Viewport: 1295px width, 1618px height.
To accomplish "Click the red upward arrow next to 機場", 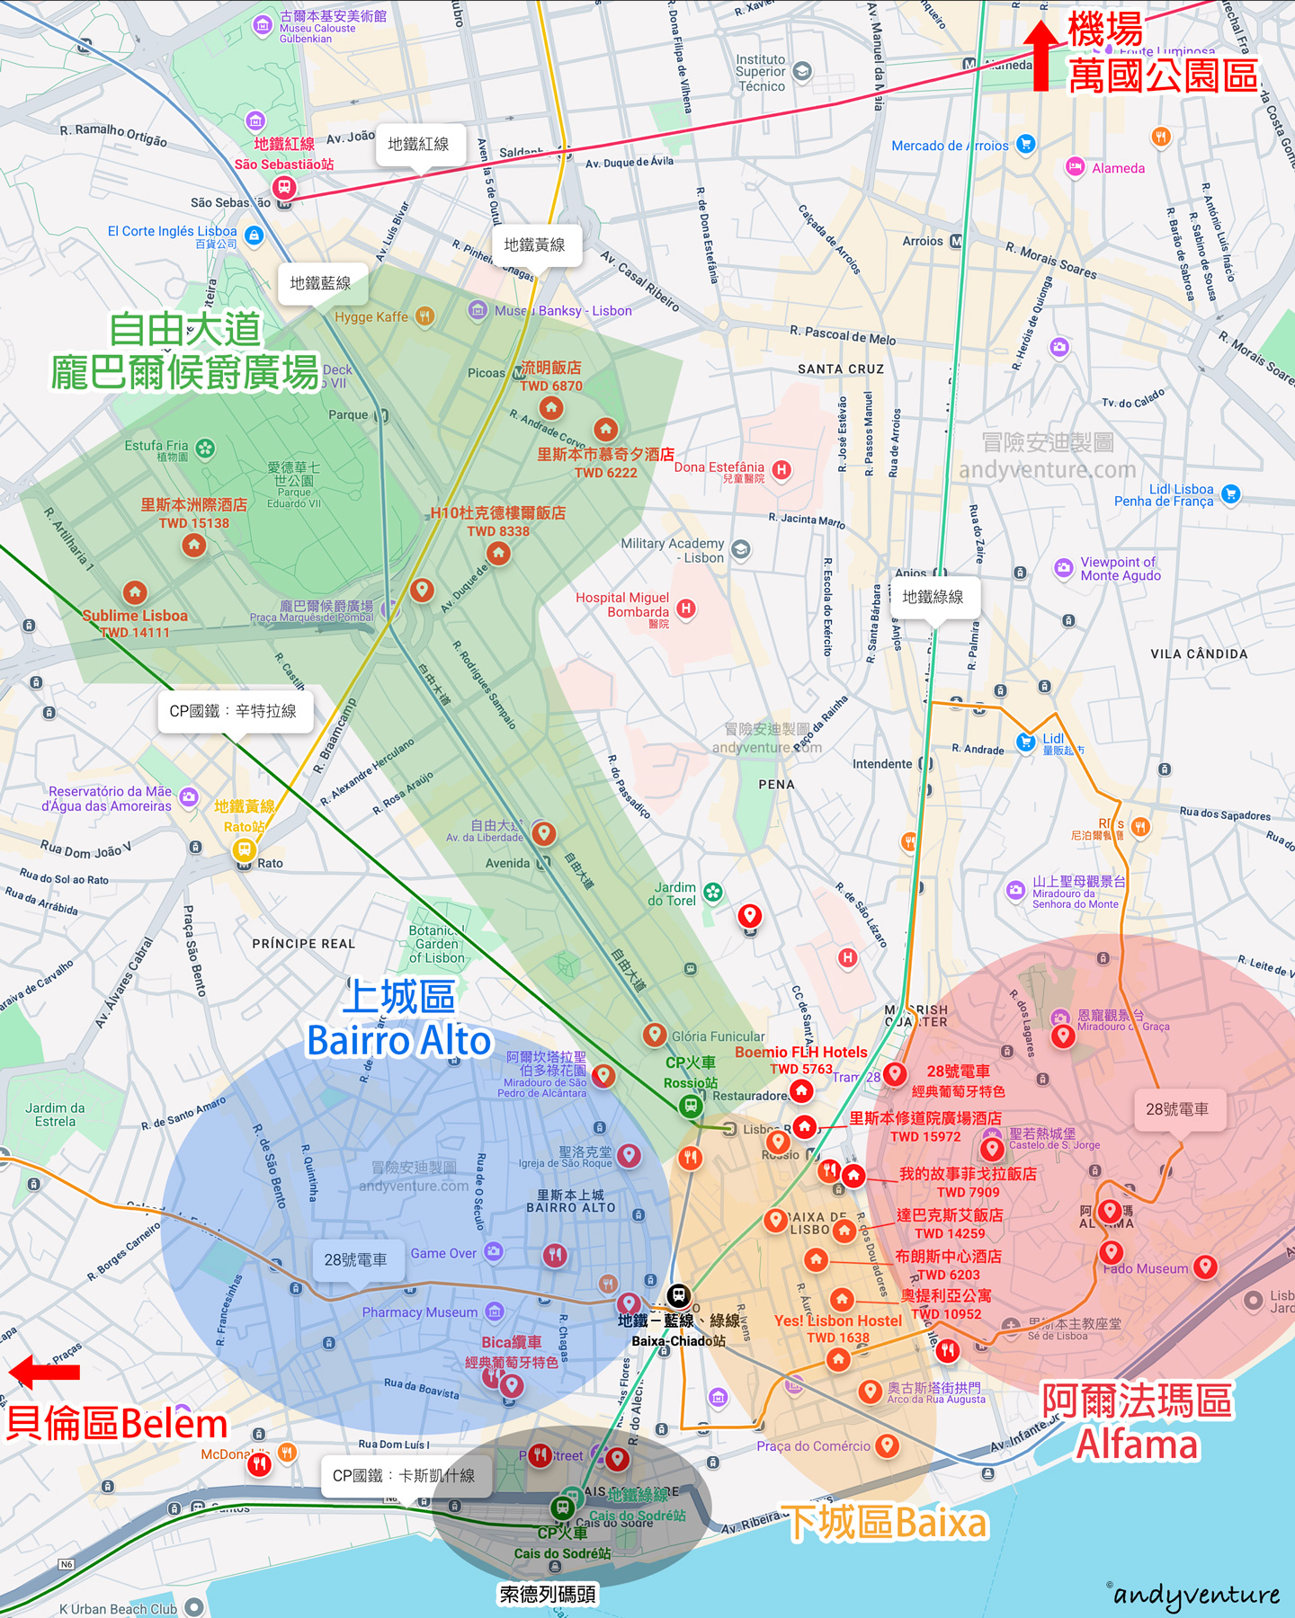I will pos(1041,56).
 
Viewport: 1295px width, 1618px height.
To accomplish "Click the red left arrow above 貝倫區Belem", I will pos(44,1372).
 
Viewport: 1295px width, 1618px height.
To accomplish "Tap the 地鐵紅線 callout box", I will pos(418,144).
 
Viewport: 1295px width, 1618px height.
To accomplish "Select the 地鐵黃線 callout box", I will pos(534,244).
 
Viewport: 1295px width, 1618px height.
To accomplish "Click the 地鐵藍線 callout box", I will pos(320,283).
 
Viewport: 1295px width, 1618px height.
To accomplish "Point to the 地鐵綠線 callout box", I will pos(933,597).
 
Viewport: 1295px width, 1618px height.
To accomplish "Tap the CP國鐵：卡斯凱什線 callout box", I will pos(404,1475).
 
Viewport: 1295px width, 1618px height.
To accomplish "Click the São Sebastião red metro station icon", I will pos(284,187).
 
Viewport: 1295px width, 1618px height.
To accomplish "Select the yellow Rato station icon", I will pos(244,849).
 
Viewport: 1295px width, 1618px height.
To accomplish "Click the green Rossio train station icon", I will pos(691,1105).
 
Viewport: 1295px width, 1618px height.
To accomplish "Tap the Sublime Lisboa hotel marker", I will pos(135,591).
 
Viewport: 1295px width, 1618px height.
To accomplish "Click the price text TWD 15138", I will pos(194,523).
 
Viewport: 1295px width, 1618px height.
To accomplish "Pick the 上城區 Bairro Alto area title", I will pos(400,1018).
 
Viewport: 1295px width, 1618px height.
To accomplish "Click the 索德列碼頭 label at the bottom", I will pos(548,1595).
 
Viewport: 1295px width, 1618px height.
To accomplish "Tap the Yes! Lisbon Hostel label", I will pos(838,1320).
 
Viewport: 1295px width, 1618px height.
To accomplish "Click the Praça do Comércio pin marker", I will pos(887,1445).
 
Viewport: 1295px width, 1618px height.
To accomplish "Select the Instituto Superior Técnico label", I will pos(761,73).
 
